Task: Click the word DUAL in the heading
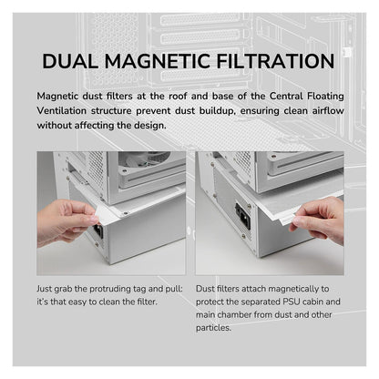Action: tap(70, 61)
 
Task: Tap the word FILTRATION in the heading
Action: tap(275, 61)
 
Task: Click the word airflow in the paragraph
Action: tap(328, 110)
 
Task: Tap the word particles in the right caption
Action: tap(213, 328)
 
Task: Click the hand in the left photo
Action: tap(66, 221)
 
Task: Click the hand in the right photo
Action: tap(318, 220)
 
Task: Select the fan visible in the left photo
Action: tap(143, 159)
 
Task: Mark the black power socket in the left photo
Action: tap(98, 231)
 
